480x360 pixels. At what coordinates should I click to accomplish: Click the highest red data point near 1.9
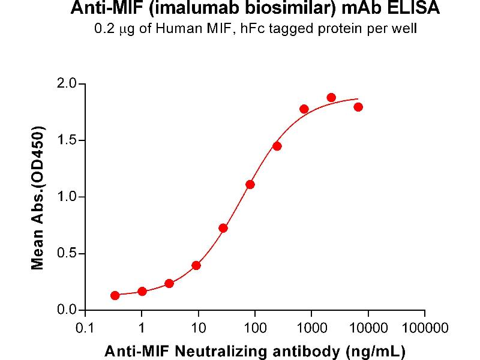(x=331, y=97)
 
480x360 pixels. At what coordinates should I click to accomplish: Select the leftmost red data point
(x=115, y=295)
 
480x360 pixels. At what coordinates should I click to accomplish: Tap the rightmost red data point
(x=358, y=107)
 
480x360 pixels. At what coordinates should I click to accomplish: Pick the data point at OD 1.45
(x=277, y=146)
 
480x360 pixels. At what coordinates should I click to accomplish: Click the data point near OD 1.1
(x=250, y=184)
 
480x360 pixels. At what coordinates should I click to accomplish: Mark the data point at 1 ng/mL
(x=142, y=291)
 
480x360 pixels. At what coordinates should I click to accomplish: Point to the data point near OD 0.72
(x=223, y=228)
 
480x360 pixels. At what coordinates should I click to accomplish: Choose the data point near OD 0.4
(x=196, y=265)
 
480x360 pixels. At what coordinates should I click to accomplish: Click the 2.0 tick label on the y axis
(x=67, y=83)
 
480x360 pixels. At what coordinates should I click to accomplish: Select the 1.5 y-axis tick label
(x=67, y=140)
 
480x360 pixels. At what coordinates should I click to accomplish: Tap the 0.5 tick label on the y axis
(x=67, y=254)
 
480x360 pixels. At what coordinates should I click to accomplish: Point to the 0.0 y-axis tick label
(x=67, y=310)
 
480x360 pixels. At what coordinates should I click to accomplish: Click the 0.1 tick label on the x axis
(x=85, y=328)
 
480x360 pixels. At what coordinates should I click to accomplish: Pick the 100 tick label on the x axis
(x=255, y=328)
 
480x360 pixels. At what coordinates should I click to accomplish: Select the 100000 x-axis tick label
(x=425, y=328)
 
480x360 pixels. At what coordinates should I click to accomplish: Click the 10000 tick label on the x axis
(x=368, y=328)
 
